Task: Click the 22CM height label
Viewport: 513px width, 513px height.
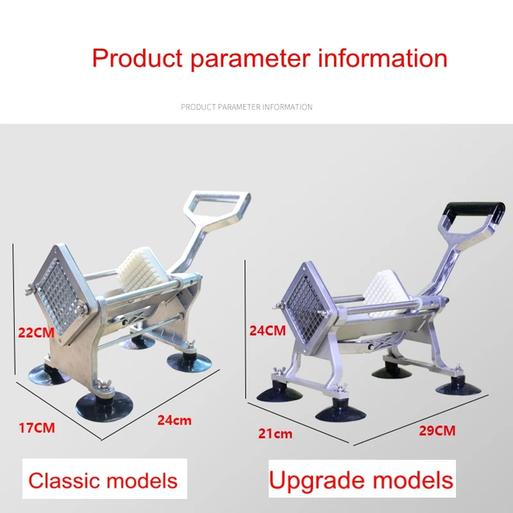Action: pyautogui.click(x=36, y=333)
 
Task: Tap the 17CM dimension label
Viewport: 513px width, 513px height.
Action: pyautogui.click(x=37, y=428)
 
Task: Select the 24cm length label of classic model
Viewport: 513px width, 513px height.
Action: pyautogui.click(x=174, y=420)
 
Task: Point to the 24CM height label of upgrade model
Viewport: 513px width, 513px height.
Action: pyautogui.click(x=267, y=330)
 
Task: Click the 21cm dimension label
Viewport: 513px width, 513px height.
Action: pyautogui.click(x=275, y=433)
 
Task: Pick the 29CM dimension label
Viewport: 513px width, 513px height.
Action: pyautogui.click(x=437, y=430)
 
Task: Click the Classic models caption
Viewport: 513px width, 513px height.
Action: pyautogui.click(x=103, y=480)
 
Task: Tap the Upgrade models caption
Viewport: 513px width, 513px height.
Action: pyautogui.click(x=361, y=480)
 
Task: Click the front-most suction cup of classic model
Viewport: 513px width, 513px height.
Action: pyautogui.click(x=105, y=407)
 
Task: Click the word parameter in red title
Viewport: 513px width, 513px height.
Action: pyautogui.click(x=250, y=59)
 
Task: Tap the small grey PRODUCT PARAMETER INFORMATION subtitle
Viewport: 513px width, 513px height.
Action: pyautogui.click(x=247, y=107)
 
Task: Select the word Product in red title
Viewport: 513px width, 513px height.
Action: pyautogui.click(x=137, y=58)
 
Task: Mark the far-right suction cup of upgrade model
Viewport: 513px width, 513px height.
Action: pyautogui.click(x=458, y=387)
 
